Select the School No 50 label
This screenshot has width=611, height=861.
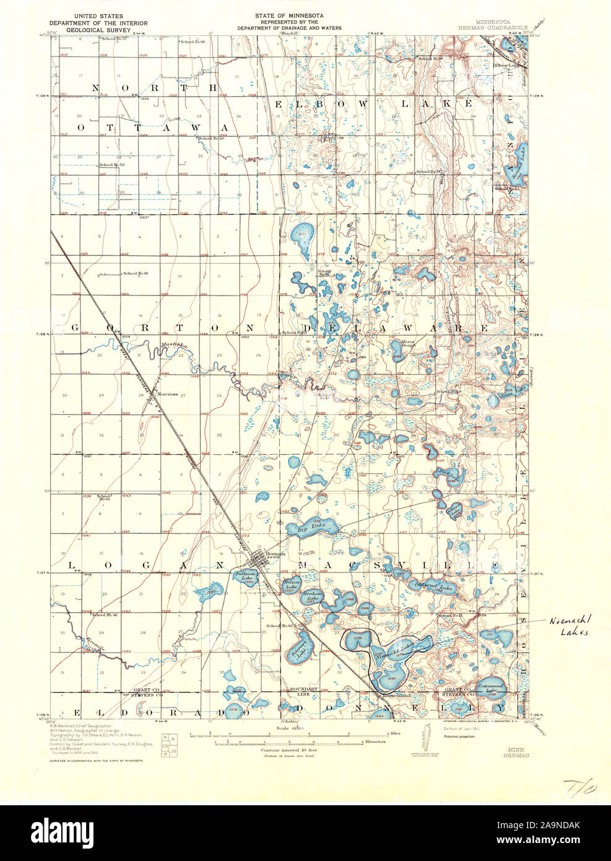pyautogui.click(x=112, y=165)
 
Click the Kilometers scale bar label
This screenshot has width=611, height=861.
pyautogui.click(x=371, y=741)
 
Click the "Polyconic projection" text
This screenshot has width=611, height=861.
pyautogui.click(x=459, y=737)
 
